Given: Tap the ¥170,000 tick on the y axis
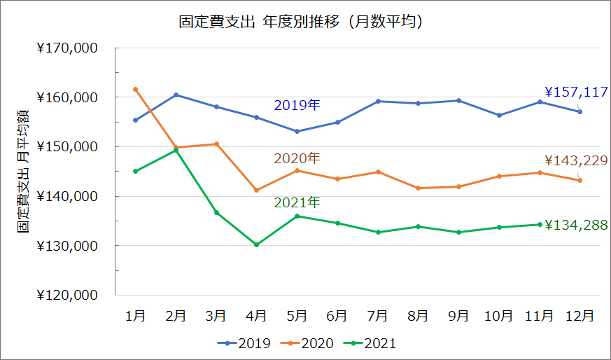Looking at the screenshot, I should click(x=67, y=48).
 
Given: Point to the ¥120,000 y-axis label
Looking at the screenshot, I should click(x=67, y=296).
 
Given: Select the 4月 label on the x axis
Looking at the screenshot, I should click(x=256, y=316).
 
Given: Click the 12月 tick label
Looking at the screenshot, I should click(x=580, y=316).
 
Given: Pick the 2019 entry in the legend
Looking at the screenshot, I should click(x=245, y=343).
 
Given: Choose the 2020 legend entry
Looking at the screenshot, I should click(x=312, y=343).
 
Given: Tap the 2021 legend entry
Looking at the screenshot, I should click(x=379, y=343).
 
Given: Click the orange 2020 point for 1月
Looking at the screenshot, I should click(x=135, y=90).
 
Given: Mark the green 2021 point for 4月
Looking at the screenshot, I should click(x=256, y=244).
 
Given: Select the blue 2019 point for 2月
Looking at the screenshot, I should click(x=176, y=95).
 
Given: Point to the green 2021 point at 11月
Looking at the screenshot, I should click(x=540, y=224).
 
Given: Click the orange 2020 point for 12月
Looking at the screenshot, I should click(x=580, y=181).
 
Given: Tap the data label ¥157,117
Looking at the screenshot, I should click(x=576, y=92).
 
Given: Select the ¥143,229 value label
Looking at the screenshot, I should click(x=576, y=160).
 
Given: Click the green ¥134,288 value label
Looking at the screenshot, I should click(x=576, y=225).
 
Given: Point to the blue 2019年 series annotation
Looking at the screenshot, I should click(x=297, y=106).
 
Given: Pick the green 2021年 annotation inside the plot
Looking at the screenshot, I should click(x=297, y=202).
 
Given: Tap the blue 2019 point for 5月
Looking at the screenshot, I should click(x=297, y=131).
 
